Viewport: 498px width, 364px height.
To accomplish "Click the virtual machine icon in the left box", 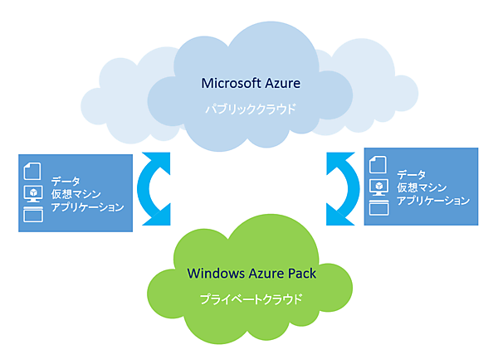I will pos(32,193).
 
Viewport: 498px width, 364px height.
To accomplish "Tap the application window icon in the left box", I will pos(32,215).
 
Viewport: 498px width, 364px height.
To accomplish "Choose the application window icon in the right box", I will pos(378,208).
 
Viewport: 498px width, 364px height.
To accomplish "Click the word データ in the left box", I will pos(65,181).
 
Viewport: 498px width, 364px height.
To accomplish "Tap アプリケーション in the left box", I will pos(87,207).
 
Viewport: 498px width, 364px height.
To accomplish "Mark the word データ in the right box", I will pos(412,174).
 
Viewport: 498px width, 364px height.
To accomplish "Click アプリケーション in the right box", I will pos(433,201).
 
